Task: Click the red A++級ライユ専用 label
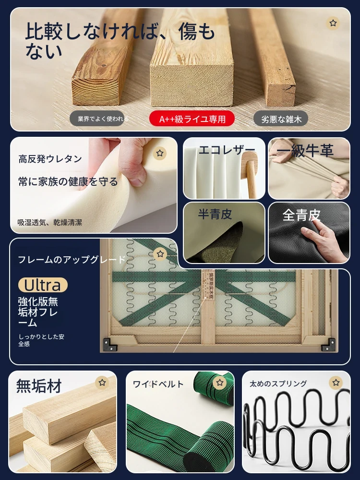point(192,119)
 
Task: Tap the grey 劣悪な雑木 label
point(281,119)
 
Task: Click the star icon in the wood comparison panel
point(333,23)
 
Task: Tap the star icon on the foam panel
point(160,153)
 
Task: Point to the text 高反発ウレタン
point(50,159)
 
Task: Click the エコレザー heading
point(227,150)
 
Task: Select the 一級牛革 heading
point(305,151)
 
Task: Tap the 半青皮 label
point(215,214)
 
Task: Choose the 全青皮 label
point(301,215)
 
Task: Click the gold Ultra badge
point(43,285)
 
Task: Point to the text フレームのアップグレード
point(72,260)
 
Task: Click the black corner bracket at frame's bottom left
point(110,345)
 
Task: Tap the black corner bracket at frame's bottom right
point(329,345)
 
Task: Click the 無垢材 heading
point(39,386)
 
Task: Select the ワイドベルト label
point(158,384)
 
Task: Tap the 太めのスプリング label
point(278,383)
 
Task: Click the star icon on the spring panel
point(336,383)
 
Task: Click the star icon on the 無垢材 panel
point(102,383)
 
